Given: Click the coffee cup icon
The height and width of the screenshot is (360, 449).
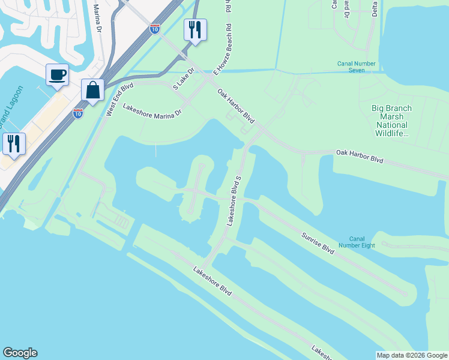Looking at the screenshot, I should (x=57, y=75).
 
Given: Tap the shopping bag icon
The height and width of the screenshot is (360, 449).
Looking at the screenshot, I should (x=92, y=90).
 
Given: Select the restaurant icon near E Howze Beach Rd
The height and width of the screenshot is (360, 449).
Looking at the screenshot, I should (x=195, y=29).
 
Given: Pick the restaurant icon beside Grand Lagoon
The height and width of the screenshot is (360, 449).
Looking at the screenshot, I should (x=14, y=143).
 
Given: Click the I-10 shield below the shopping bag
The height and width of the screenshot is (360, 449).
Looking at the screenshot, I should (x=78, y=112).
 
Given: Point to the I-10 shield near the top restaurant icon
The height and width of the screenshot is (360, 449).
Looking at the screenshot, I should (x=155, y=29).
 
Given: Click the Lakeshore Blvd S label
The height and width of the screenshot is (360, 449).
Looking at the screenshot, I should (x=234, y=200).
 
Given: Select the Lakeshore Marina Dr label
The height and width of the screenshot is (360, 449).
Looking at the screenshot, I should (x=152, y=110).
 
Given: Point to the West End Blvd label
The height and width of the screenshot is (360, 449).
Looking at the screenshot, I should (x=119, y=100).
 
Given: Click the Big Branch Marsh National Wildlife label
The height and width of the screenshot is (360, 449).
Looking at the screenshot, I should (x=391, y=121).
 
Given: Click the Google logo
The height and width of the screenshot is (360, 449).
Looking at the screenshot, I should (x=19, y=353).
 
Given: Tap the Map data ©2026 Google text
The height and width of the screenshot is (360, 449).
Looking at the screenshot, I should (x=412, y=355).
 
